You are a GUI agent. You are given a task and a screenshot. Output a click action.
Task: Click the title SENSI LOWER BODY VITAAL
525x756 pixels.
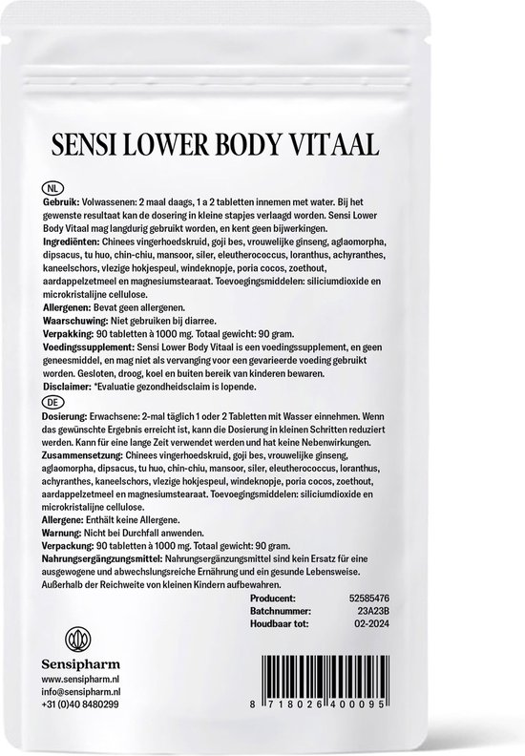click(x=262, y=146)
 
